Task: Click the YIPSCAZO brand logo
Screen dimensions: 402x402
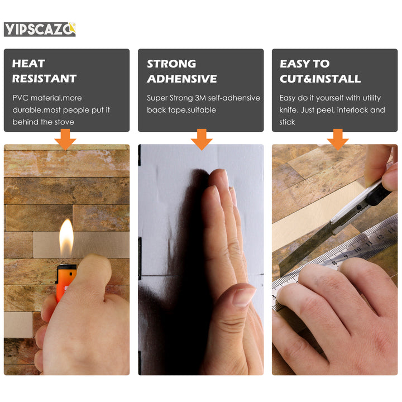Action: (x=40, y=30)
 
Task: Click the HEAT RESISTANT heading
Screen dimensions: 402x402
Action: (x=44, y=71)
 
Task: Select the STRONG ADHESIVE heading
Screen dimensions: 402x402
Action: (x=181, y=71)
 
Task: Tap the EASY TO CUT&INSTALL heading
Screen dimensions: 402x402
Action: (x=320, y=71)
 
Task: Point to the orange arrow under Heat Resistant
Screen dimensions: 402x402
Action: (x=65, y=140)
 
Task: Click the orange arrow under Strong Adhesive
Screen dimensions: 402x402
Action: (x=202, y=140)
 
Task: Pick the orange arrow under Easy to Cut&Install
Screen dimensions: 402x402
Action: (x=338, y=140)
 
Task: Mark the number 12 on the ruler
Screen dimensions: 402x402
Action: (x=380, y=236)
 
